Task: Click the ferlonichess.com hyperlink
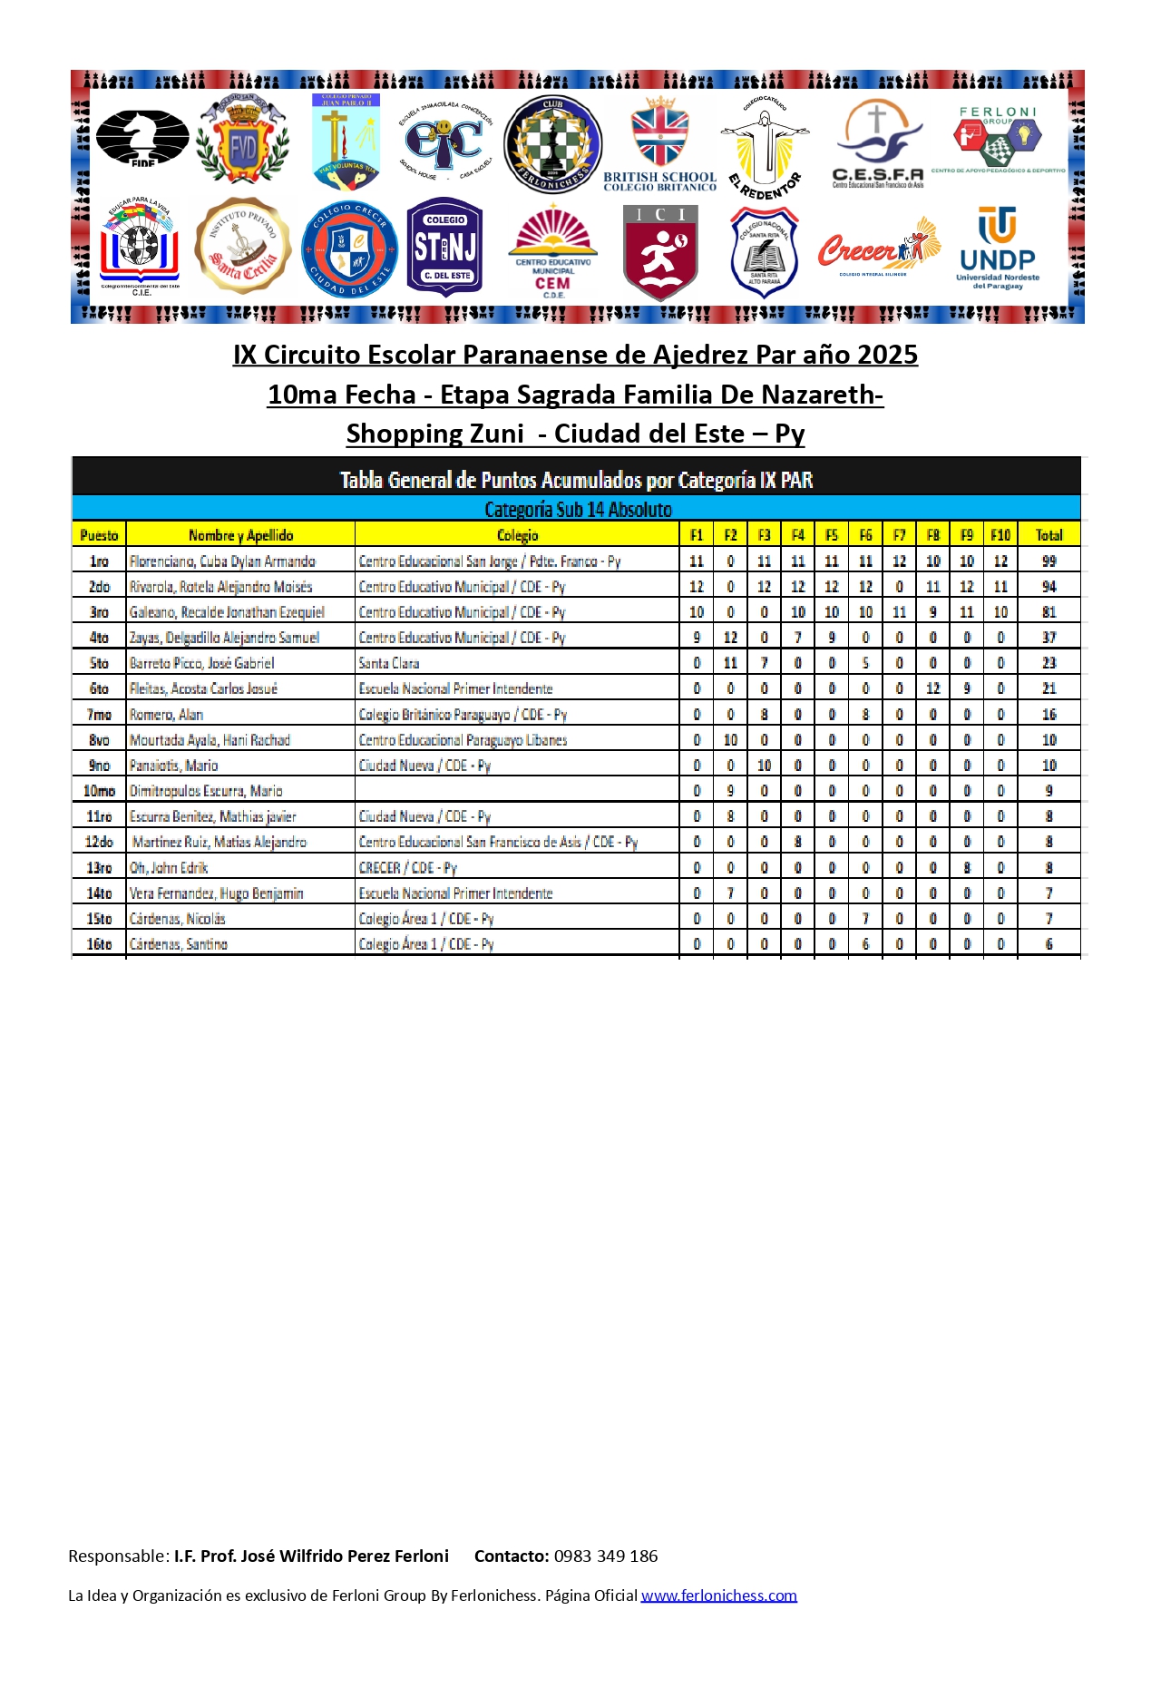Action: pyautogui.click(x=718, y=1595)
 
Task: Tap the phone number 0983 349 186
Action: pyautogui.click(x=606, y=1556)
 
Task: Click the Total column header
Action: pyautogui.click(x=1049, y=535)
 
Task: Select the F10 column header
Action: pyautogui.click(x=1000, y=535)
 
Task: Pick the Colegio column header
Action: pyautogui.click(x=517, y=535)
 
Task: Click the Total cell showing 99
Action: pyautogui.click(x=1049, y=561)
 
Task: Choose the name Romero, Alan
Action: pyautogui.click(x=166, y=715)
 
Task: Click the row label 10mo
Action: pyautogui.click(x=99, y=791)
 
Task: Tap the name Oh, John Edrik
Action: pyautogui.click(x=169, y=868)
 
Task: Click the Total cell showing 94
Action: pyautogui.click(x=1049, y=587)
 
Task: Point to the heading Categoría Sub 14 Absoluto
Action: pyautogui.click(x=578, y=510)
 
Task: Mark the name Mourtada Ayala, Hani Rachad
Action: pyautogui.click(x=210, y=740)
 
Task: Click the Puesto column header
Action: pyautogui.click(x=99, y=535)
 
